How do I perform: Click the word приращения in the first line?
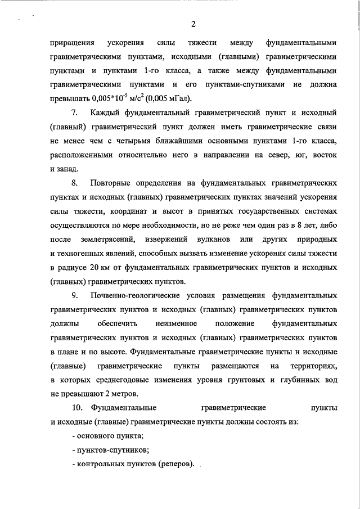pos(69,43)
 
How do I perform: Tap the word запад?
pos(68,169)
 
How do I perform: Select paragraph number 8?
pos(76,183)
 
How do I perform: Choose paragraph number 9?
pos(76,295)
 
